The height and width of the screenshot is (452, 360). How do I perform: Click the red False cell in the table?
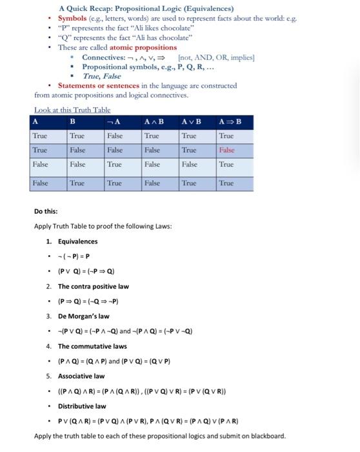click(x=226, y=149)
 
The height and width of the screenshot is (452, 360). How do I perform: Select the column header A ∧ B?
click(x=154, y=121)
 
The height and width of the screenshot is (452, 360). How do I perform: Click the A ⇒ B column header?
click(x=227, y=121)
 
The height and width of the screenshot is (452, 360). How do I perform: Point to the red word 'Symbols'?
click(x=81, y=19)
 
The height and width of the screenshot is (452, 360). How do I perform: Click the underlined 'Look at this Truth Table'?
click(x=72, y=110)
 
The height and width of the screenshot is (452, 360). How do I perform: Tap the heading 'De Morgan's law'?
click(x=84, y=316)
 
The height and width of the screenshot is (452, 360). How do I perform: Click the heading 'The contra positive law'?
click(x=94, y=286)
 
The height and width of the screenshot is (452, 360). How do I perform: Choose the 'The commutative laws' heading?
click(x=92, y=346)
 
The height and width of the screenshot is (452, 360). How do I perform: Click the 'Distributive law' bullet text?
click(x=81, y=406)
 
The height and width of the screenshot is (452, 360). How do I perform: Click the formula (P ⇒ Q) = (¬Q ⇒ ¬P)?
click(x=88, y=301)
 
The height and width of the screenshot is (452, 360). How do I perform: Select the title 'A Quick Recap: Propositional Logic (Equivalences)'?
click(x=146, y=9)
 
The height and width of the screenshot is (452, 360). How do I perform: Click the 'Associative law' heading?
click(x=81, y=376)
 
